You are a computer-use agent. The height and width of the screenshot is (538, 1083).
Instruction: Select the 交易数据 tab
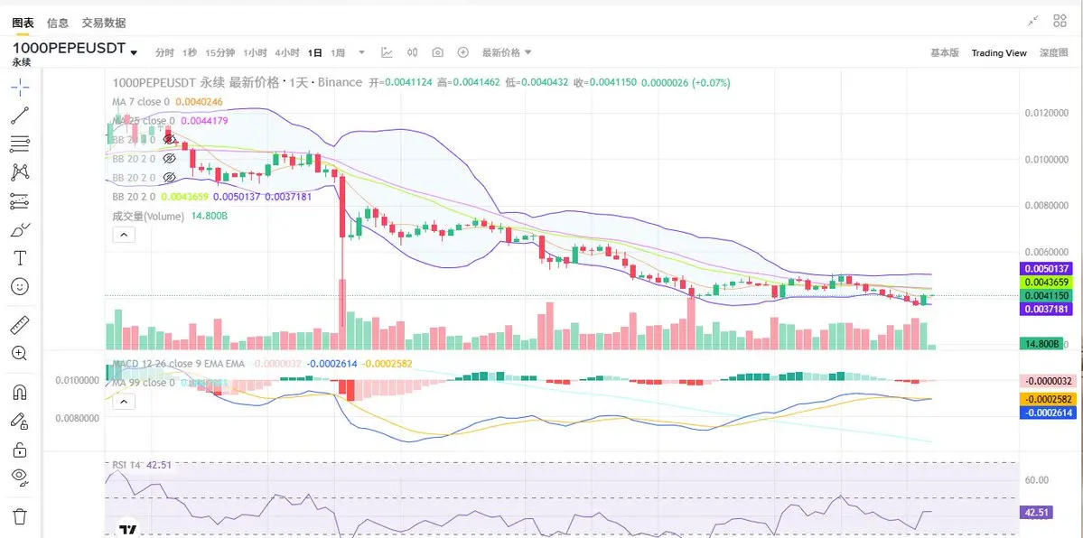point(104,23)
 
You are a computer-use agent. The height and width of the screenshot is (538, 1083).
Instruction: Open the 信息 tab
point(58,23)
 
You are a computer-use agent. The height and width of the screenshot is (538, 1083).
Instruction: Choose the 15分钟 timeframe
point(219,53)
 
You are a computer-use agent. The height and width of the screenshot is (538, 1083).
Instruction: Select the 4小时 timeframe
point(287,53)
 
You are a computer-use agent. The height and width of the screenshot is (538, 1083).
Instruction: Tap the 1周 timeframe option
point(338,53)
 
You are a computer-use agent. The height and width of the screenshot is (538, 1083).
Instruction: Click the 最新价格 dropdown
point(506,53)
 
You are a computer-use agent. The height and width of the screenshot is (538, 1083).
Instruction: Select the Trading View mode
point(999,53)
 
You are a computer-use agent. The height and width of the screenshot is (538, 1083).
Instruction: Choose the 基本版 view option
point(945,53)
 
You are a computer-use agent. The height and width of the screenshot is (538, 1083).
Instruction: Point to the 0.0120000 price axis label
point(1048,113)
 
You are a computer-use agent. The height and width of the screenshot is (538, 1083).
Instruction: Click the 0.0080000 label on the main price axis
point(1048,207)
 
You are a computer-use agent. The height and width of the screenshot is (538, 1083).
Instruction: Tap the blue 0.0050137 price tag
point(1045,268)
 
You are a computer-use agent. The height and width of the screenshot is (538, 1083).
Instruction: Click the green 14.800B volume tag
point(1041,344)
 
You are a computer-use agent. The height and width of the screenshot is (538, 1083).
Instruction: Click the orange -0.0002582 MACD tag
point(1045,398)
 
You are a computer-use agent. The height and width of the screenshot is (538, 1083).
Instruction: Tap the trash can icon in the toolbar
point(20,517)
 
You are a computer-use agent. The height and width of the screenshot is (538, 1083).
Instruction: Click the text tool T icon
point(20,258)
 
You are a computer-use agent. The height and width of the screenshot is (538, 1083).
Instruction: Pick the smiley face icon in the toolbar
point(20,286)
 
